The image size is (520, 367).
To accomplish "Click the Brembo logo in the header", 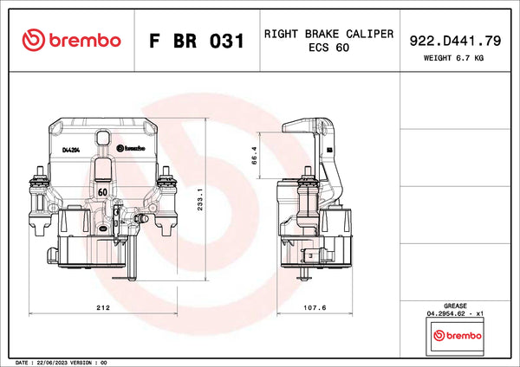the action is point(71,40).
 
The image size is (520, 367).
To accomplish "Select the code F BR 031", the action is point(197,41).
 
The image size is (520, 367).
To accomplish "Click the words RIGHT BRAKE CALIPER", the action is point(328,34).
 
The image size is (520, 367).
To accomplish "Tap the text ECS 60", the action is point(328,48).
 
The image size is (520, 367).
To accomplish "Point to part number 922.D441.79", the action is point(455,41).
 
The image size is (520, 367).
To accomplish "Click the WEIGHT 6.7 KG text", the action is point(453,58).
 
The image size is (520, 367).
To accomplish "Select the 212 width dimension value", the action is point(103,308).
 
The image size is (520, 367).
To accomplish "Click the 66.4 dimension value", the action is point(254,156).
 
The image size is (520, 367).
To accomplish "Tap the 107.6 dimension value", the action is point(315,308).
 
